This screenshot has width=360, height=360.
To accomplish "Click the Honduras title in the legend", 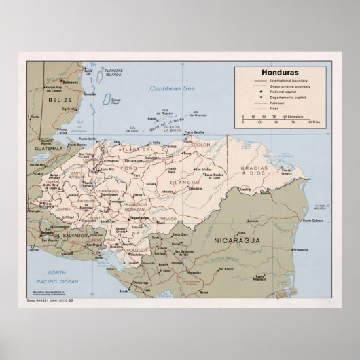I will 278,72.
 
